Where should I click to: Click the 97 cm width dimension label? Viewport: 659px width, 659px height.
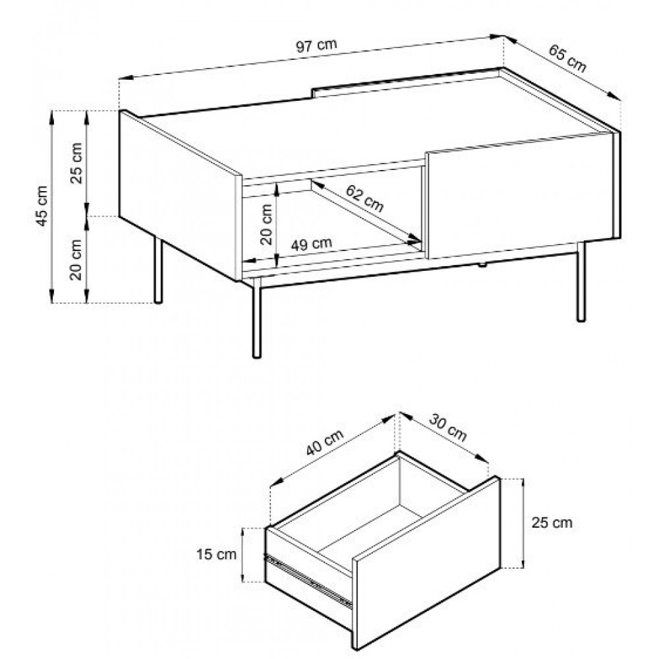point(316,45)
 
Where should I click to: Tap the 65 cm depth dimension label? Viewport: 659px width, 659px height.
point(567,59)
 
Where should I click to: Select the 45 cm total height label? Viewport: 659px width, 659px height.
point(42,206)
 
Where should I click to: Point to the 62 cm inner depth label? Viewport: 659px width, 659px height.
point(364,198)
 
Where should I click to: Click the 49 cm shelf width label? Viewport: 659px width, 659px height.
point(312,244)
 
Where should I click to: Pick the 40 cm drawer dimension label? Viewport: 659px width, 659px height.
point(324,442)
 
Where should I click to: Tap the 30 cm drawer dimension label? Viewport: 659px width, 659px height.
point(447,428)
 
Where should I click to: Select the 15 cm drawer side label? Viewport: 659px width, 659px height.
point(216,554)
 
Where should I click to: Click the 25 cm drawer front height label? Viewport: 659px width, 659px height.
point(552,523)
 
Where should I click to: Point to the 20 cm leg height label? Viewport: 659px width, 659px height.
point(76,260)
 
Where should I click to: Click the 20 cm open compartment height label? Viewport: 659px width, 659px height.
point(266,225)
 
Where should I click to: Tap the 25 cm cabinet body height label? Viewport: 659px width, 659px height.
point(76,163)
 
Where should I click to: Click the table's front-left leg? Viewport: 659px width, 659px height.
point(256,318)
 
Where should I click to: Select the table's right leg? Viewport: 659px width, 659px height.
point(581,281)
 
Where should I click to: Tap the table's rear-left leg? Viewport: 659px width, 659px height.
point(158,270)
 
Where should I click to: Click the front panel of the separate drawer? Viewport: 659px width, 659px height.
point(426,563)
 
